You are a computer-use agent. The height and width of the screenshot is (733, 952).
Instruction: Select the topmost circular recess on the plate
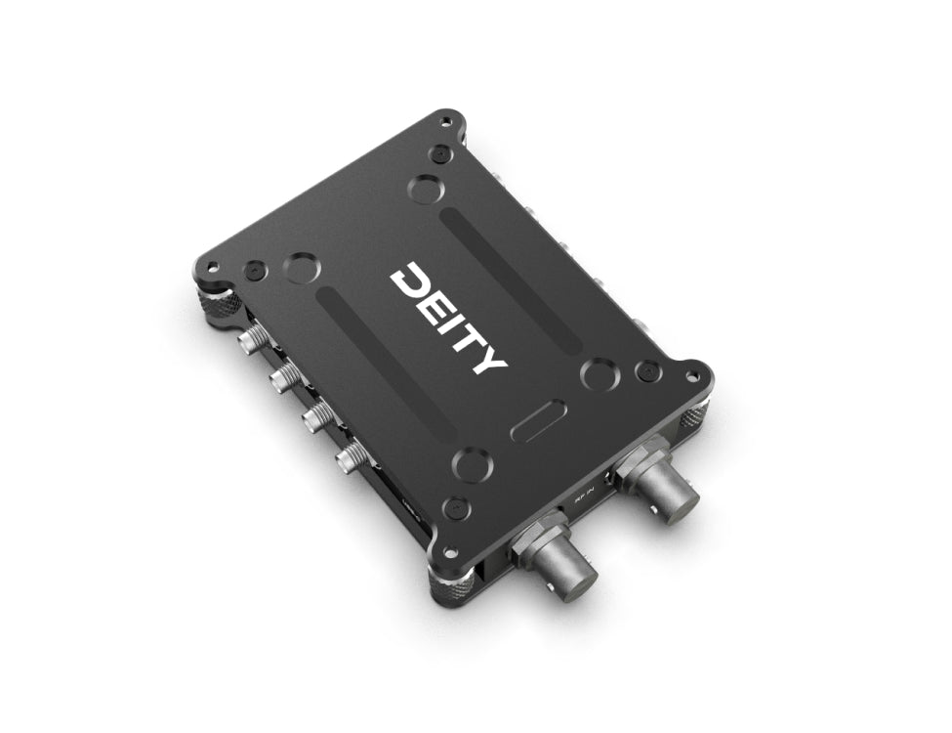click(424, 187)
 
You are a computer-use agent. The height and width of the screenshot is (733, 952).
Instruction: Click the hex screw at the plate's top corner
click(442, 153)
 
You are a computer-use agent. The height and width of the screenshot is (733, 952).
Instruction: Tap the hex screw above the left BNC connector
click(454, 508)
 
